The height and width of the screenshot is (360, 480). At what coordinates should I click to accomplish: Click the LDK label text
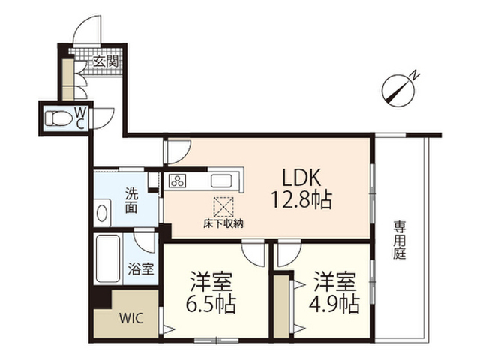point(301,177)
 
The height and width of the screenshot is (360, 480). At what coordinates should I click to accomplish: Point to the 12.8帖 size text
point(301,200)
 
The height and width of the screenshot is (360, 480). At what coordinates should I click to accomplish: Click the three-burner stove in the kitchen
point(178,181)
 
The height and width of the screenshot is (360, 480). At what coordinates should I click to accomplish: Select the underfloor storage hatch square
point(223,205)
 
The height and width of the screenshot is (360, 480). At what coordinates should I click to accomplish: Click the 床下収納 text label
point(223,223)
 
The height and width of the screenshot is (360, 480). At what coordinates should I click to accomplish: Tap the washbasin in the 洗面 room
point(102,211)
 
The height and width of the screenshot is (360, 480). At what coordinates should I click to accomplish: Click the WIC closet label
point(127,315)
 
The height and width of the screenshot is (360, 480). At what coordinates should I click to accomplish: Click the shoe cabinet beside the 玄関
point(67,75)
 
